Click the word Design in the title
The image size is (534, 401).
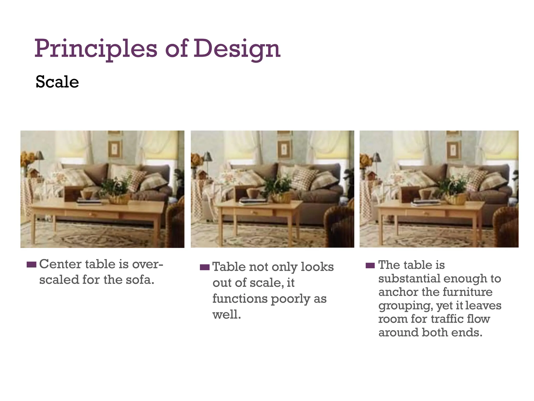tap(237, 49)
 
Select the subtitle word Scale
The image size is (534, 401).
tap(57, 82)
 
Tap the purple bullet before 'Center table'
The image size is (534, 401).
tap(31, 265)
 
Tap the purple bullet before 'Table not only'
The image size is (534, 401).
tap(205, 267)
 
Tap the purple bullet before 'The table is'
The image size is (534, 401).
tap(370, 266)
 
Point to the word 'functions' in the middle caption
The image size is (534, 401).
tap(240, 298)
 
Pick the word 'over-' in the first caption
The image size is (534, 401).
tap(148, 264)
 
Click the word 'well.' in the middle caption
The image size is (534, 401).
tap(227, 314)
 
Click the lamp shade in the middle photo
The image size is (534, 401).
tap(208, 157)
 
